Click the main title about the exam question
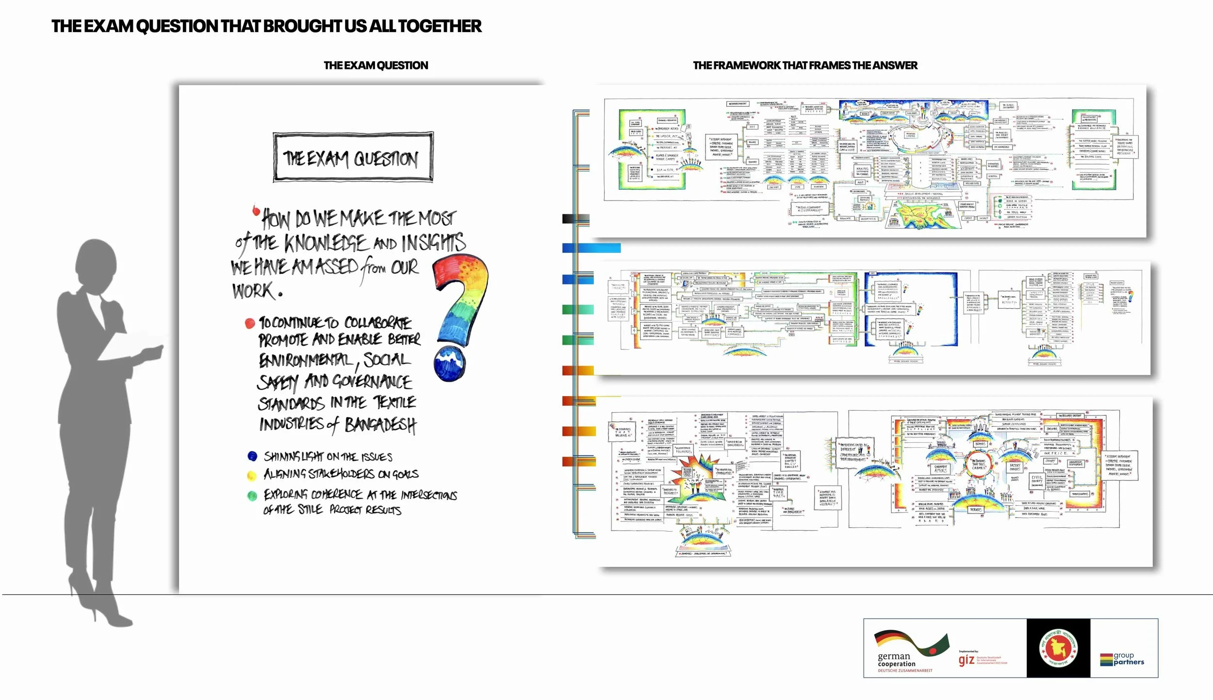pos(266,26)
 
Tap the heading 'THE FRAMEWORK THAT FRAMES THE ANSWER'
pos(805,66)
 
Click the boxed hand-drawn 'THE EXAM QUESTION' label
pos(353,158)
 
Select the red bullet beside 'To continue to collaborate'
pos(250,323)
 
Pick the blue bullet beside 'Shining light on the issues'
pos(252,456)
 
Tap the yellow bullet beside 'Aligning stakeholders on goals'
pos(252,475)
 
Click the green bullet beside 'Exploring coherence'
pos(252,496)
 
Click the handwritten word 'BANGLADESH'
pos(380,425)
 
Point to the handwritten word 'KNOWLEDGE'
pos(326,243)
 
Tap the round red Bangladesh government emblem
pos(1058,649)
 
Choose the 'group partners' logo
pos(1122,659)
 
